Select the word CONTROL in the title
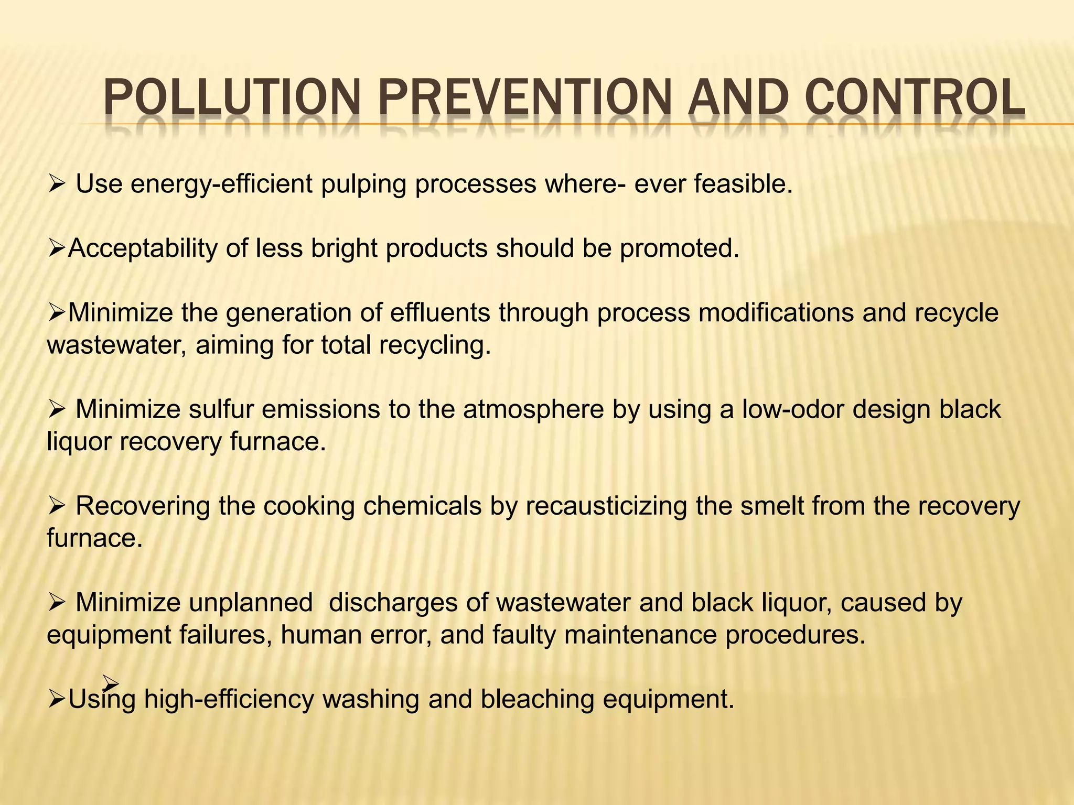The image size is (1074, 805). [x=915, y=97]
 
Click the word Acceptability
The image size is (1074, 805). [x=142, y=248]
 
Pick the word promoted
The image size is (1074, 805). [x=680, y=248]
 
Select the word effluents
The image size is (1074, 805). [x=440, y=313]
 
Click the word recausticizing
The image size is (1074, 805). [x=606, y=506]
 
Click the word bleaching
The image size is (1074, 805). [x=537, y=700]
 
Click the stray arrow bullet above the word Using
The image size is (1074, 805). [x=111, y=682]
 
